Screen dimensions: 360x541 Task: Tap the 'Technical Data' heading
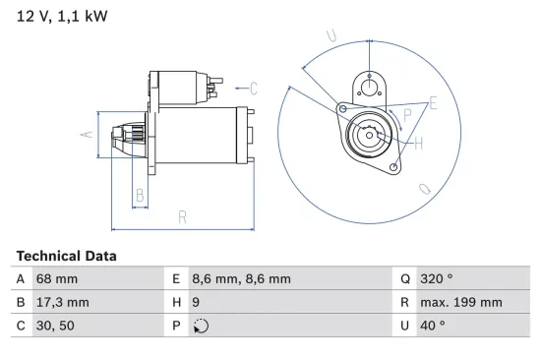66,256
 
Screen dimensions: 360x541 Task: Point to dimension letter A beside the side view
86,133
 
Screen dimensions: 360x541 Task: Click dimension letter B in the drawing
140,196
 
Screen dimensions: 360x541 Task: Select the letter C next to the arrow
254,89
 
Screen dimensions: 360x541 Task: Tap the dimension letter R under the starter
182,218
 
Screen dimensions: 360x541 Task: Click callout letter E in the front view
433,103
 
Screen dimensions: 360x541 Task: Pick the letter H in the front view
419,145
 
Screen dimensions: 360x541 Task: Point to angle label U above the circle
331,37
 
